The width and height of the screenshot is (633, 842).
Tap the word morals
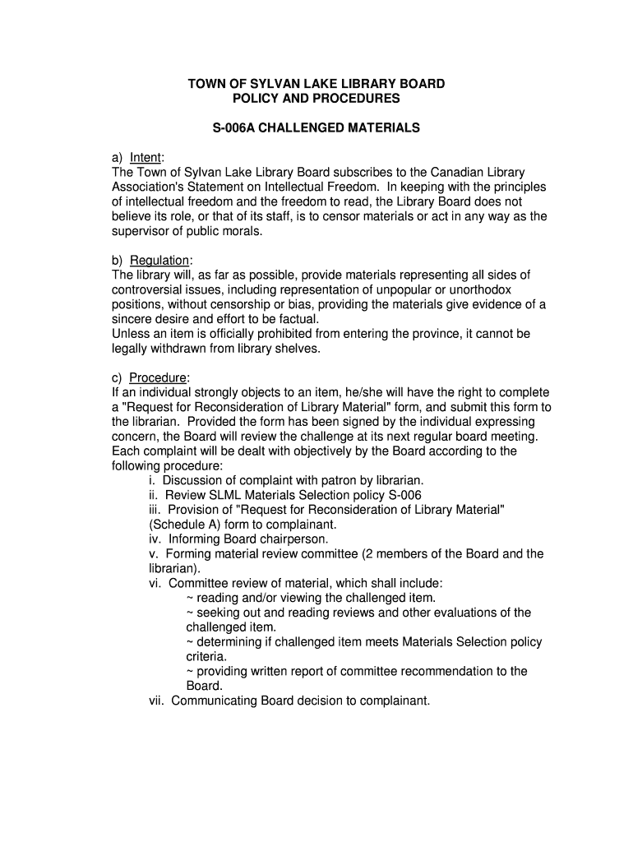click(241, 231)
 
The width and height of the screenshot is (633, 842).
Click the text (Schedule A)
click(185, 525)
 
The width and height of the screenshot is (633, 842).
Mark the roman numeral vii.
click(155, 701)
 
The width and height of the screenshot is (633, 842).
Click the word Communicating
click(215, 701)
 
